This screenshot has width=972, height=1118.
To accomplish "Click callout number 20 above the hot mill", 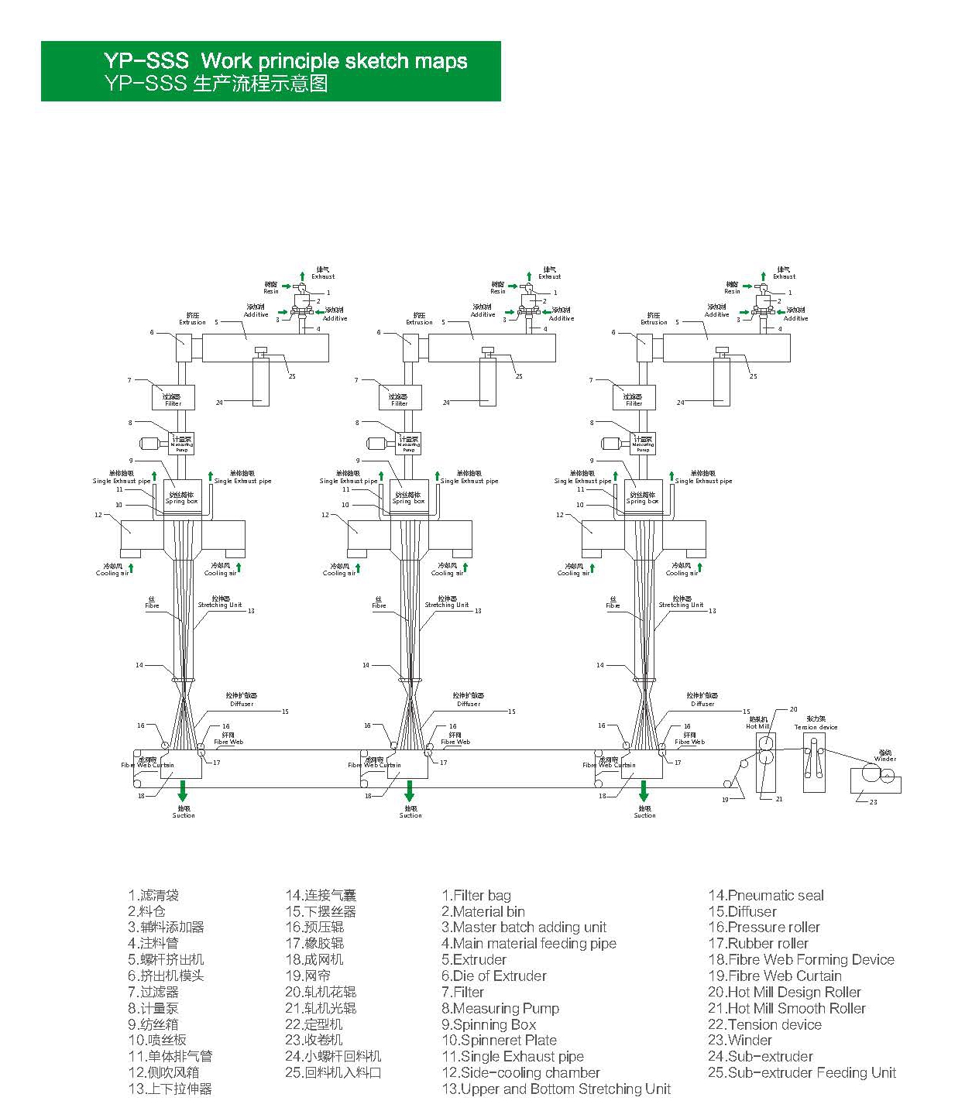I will [x=793, y=709].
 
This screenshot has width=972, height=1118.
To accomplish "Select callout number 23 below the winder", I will [x=873, y=802].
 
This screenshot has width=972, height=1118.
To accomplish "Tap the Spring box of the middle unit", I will [x=408, y=498].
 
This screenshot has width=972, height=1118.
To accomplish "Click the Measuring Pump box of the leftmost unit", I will [x=182, y=444].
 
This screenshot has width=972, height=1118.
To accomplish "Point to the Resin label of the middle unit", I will [x=497, y=288].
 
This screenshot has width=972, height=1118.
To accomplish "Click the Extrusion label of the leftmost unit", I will [x=193, y=319].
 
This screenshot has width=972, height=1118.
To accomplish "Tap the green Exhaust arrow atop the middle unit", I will [x=529, y=276].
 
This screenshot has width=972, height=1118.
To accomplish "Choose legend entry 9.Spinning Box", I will [x=489, y=1024].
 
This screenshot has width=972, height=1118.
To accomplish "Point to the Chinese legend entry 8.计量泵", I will [x=153, y=1008].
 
